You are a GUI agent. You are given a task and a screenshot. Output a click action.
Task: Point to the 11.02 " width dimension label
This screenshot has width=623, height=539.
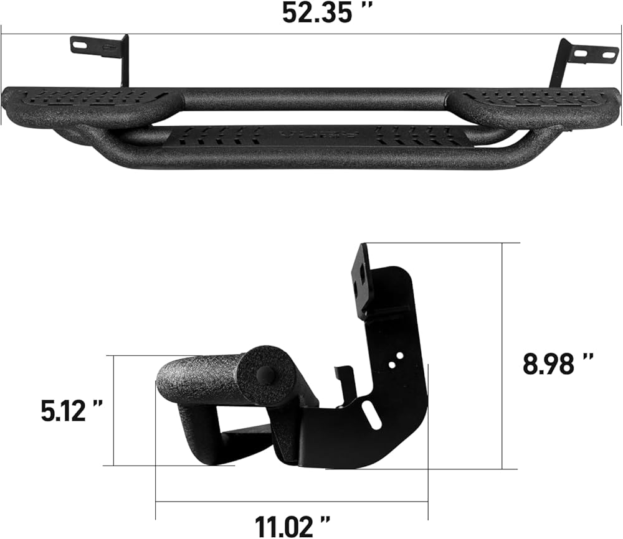pyautogui.click(x=292, y=527)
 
